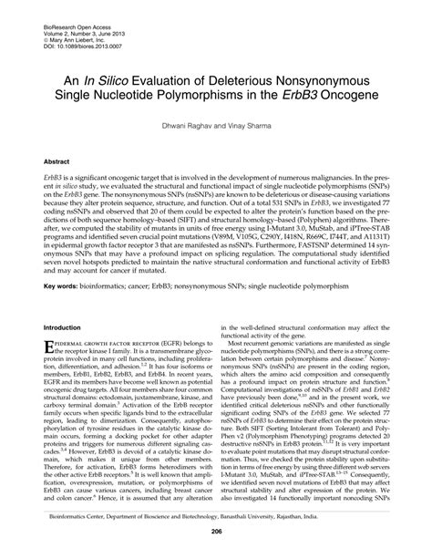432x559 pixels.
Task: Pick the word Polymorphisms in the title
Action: pos(218,97)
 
